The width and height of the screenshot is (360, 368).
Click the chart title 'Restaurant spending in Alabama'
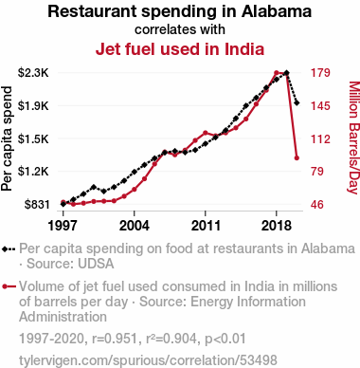coord(180,11)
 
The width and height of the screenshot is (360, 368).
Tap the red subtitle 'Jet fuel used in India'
coord(180,49)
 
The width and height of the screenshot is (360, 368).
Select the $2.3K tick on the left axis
coord(33,73)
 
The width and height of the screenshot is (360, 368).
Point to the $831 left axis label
coord(37,205)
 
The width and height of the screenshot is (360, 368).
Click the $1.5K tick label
coord(33,138)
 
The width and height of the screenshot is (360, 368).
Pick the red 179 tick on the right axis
coord(320,73)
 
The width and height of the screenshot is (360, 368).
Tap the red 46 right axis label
coord(317,205)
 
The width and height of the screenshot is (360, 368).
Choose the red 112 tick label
coord(320,138)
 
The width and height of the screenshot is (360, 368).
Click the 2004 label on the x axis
coord(135,226)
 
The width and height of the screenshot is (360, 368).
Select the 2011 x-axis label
coord(206,226)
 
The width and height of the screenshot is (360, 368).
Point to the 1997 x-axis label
coord(63,226)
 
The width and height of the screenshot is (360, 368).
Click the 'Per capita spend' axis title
coord(7,138)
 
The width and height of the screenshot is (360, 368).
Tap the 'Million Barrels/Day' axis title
coord(354,138)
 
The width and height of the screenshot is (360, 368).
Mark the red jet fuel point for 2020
coord(297,157)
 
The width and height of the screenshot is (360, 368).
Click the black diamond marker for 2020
coord(297,102)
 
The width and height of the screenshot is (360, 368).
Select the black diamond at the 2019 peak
coord(286,73)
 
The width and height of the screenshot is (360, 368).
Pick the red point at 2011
coord(206,133)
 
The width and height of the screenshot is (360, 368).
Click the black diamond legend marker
coord(9,248)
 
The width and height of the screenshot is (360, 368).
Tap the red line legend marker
coord(9,286)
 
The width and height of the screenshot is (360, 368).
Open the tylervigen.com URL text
coord(148,360)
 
